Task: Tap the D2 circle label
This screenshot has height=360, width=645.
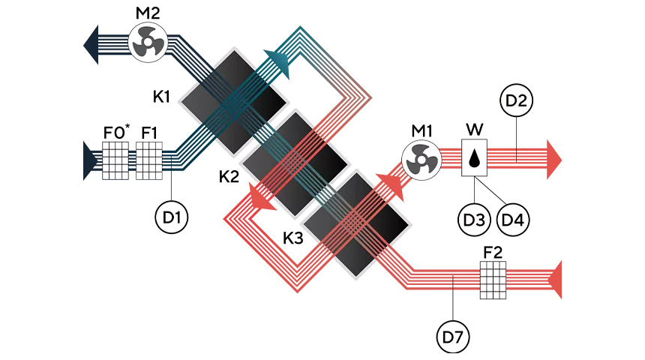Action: [x=516, y=101]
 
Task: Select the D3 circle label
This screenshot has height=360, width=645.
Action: [x=474, y=220]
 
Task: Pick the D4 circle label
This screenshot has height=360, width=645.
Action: [x=514, y=220]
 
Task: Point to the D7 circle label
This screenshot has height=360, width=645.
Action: [x=453, y=337]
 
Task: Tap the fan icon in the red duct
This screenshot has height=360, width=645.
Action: [x=419, y=160]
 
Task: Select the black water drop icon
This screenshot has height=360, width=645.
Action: [x=474, y=158]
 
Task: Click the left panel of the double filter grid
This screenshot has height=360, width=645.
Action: [x=115, y=160]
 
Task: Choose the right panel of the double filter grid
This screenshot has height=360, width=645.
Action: [x=148, y=160]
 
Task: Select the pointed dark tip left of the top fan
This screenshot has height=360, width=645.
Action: [x=81, y=45]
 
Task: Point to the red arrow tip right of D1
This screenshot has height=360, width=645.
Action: [x=225, y=218]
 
